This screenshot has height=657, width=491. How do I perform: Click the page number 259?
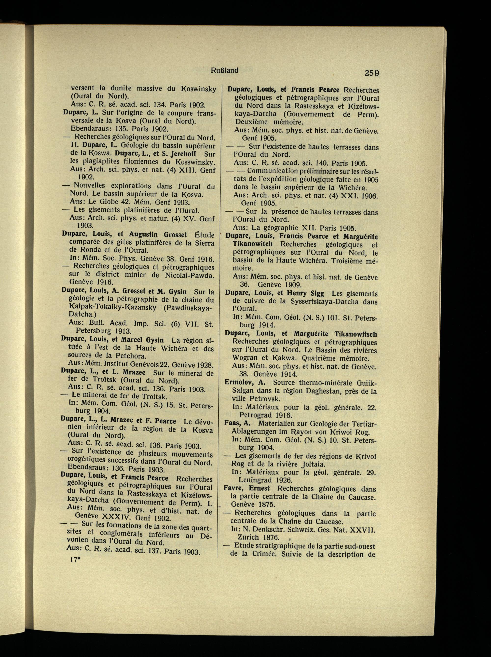[368, 72]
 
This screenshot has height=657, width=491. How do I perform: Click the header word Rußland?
[225, 70]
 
